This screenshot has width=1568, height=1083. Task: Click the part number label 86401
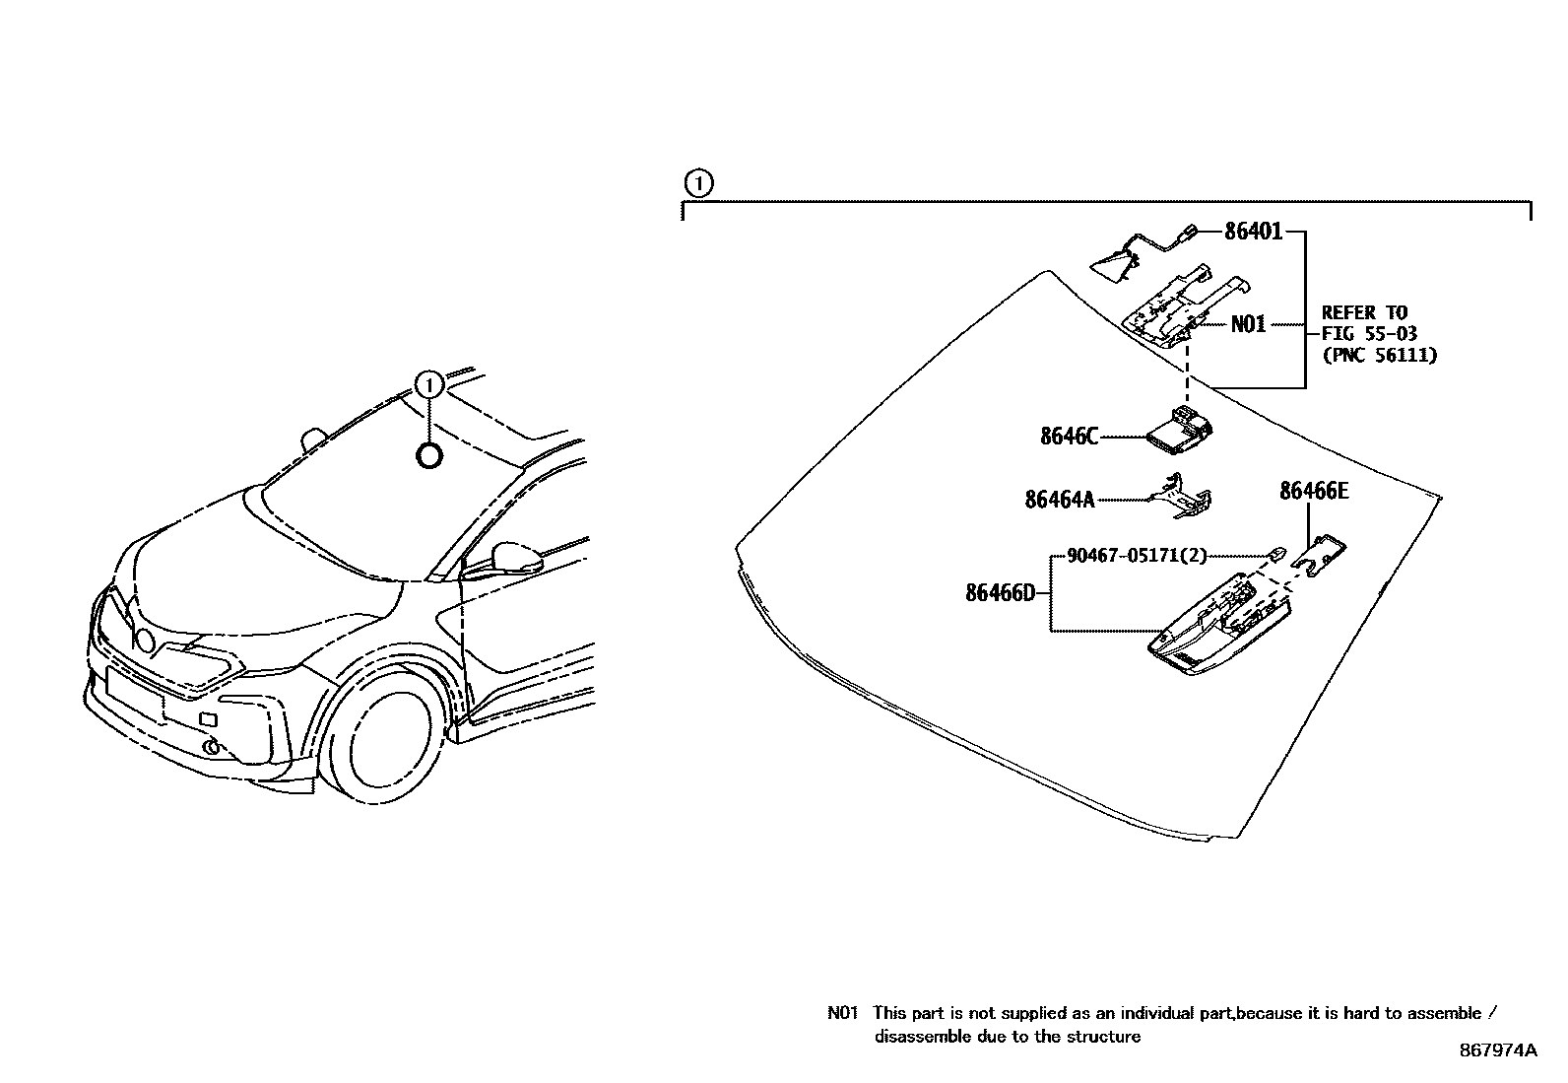pos(1253,233)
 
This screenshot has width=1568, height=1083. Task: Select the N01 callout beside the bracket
pos(1248,324)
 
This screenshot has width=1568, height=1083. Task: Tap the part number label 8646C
pos(1069,436)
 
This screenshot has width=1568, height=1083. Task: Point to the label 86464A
pos(1059,501)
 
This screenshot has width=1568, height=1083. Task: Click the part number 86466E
pos(1313,491)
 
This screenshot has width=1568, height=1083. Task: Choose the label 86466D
pos(1000,593)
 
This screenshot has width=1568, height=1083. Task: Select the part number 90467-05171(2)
pos(1136,557)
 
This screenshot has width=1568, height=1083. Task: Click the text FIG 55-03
pos(1369,334)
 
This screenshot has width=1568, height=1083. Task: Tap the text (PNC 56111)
pos(1379,356)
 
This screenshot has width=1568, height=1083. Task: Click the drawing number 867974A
pos(1497,1050)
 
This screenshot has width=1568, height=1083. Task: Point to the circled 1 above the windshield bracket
pos(696,184)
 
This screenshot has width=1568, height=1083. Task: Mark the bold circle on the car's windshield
pos(429,455)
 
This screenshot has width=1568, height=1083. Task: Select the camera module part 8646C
pos(1180,434)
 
